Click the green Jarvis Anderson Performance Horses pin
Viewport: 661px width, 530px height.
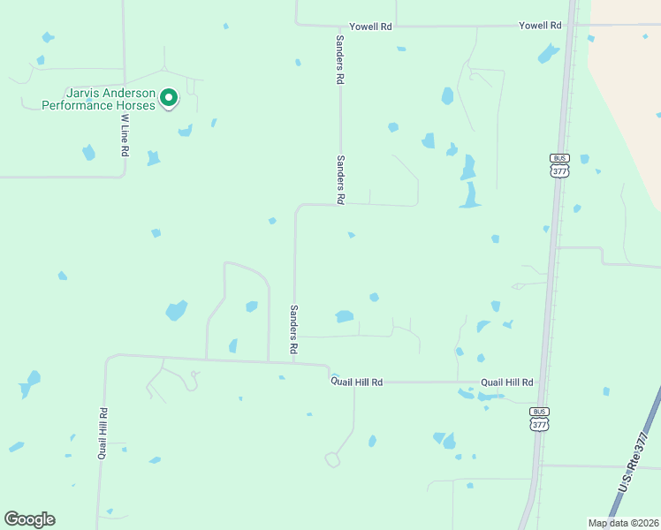pos(168,98)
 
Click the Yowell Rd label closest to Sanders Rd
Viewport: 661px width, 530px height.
pos(370,27)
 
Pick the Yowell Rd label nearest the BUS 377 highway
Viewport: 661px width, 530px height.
pos(540,26)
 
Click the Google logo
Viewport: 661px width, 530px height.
pos(29,519)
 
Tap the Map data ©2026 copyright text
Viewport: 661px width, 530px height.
pos(623,523)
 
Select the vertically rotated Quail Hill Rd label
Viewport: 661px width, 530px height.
pos(103,434)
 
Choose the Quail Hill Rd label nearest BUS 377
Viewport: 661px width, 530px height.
pos(506,382)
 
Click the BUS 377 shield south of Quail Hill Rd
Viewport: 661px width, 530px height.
pos(539,419)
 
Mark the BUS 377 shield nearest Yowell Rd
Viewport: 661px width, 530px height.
pos(559,165)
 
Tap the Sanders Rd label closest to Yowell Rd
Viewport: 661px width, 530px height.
pos(338,60)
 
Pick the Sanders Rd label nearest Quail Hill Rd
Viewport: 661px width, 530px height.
pos(293,329)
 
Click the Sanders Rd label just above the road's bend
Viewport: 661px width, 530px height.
pos(339,180)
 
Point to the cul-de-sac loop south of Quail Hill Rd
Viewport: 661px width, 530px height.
pos(332,459)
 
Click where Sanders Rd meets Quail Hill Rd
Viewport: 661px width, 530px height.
pos(294,362)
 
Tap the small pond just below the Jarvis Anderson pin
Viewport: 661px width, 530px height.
pos(185,131)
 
